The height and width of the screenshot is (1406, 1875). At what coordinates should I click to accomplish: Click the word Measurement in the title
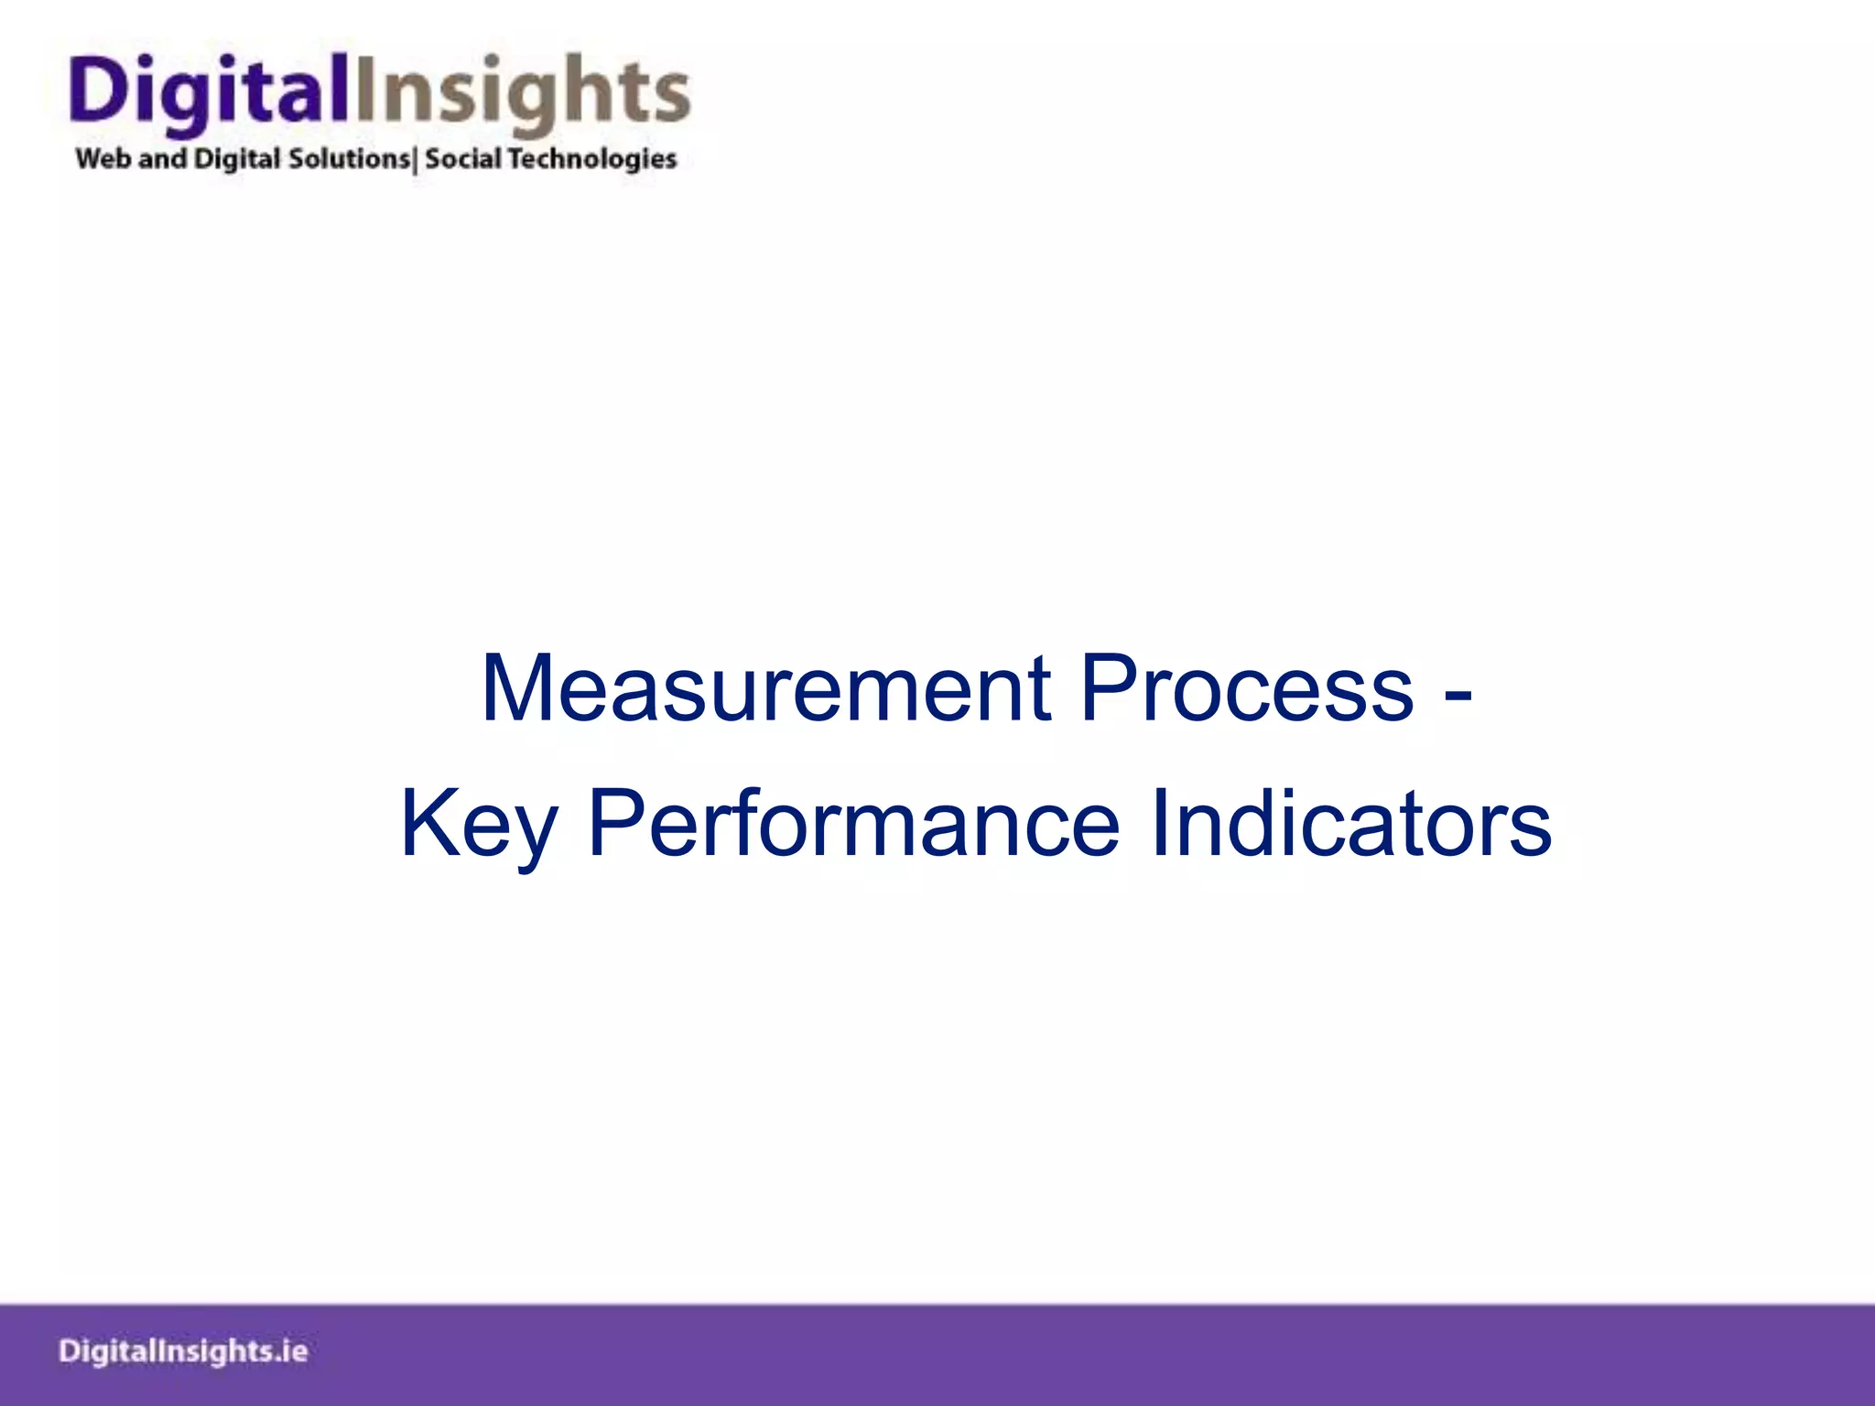click(x=765, y=688)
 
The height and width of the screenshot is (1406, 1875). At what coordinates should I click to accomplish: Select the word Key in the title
click(x=479, y=824)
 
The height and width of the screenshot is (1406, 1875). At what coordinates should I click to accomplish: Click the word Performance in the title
click(x=853, y=824)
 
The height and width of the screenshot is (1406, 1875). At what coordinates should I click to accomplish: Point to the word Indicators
click(x=1350, y=824)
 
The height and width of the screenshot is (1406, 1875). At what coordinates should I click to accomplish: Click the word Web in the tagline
click(x=103, y=158)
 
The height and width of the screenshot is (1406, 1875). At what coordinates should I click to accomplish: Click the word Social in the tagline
click(x=463, y=158)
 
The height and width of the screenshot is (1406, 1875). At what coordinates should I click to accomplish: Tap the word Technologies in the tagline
click(x=592, y=159)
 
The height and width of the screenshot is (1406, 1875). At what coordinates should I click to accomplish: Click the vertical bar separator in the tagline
click(x=417, y=160)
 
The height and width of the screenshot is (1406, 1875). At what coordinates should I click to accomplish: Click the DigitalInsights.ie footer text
click(x=183, y=1351)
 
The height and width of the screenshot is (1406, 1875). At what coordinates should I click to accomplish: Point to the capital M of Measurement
click(x=515, y=688)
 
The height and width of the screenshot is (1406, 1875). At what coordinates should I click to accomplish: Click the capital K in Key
click(x=427, y=824)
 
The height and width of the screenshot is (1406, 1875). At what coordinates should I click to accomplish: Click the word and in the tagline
click(x=162, y=158)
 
